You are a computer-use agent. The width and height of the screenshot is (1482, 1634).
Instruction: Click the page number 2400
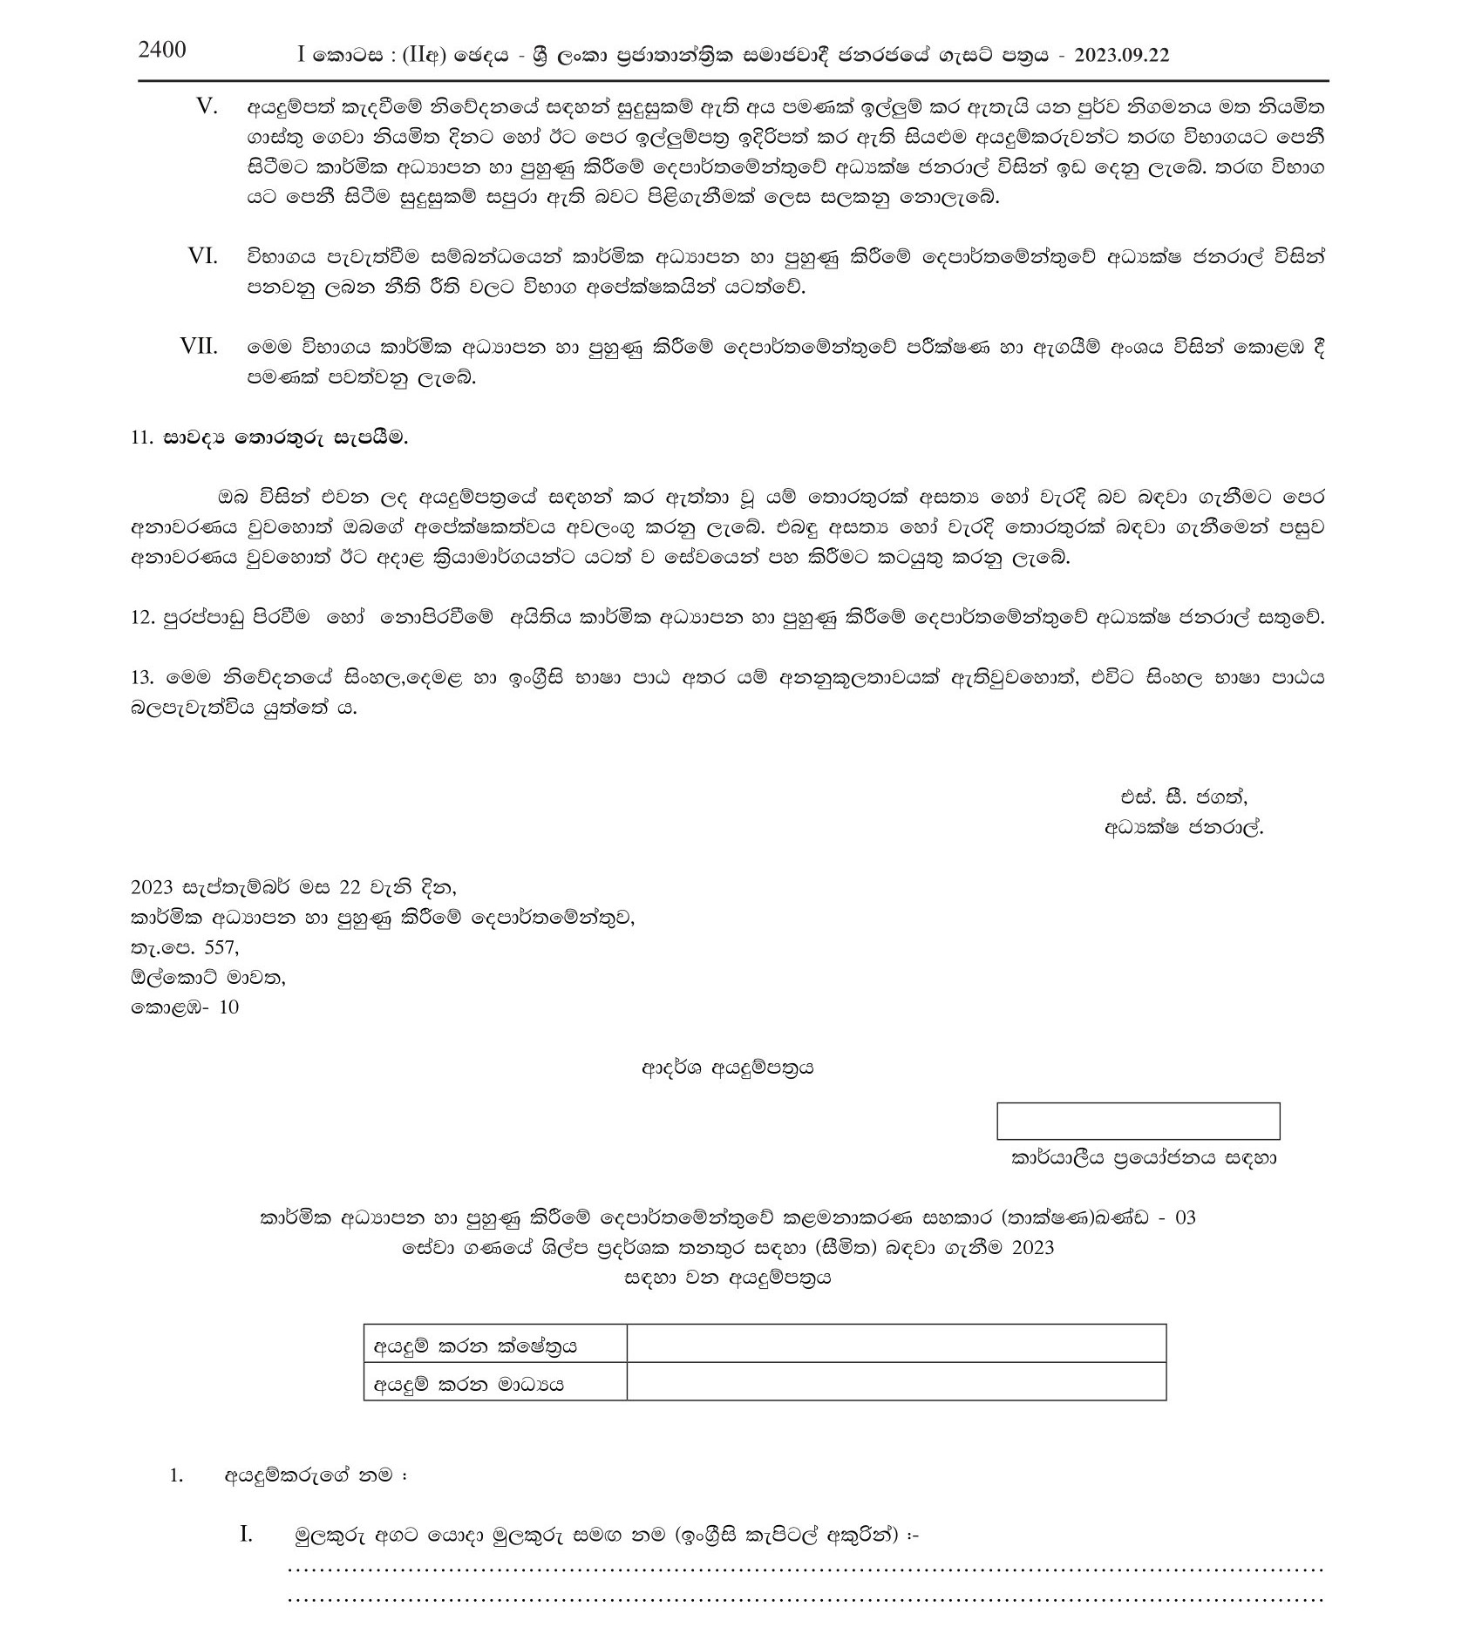pyautogui.click(x=162, y=50)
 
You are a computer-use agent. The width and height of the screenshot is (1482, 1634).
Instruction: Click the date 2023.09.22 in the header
pyautogui.click(x=1122, y=55)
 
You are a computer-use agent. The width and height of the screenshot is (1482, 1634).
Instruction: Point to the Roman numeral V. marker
pyautogui.click(x=207, y=106)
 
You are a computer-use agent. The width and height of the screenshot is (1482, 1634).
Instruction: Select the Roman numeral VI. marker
pyautogui.click(x=202, y=256)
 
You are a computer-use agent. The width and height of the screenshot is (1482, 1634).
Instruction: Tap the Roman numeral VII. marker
pyautogui.click(x=199, y=346)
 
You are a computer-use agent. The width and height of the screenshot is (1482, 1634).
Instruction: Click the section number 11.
pyautogui.click(x=142, y=437)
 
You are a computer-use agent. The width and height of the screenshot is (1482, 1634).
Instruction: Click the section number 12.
pyautogui.click(x=142, y=618)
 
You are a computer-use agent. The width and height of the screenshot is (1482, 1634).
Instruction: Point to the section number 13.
pyautogui.click(x=142, y=677)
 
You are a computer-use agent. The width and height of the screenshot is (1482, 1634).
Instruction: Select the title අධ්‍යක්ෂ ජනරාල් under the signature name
pyautogui.click(x=1183, y=828)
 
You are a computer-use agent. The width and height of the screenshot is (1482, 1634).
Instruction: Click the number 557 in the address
pyautogui.click(x=221, y=947)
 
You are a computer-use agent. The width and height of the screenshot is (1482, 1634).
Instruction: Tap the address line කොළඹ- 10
pyautogui.click(x=184, y=1007)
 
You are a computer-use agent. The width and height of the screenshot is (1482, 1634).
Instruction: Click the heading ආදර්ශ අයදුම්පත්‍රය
pyautogui.click(x=728, y=1067)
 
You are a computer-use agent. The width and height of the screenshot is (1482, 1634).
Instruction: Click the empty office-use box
pyautogui.click(x=1138, y=1121)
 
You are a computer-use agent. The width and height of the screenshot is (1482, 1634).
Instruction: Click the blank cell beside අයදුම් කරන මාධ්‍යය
pyautogui.click(x=895, y=1382)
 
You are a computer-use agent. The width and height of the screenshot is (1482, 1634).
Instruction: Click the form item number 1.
pyautogui.click(x=177, y=1476)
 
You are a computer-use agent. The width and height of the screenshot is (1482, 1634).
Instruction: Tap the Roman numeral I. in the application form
pyautogui.click(x=246, y=1535)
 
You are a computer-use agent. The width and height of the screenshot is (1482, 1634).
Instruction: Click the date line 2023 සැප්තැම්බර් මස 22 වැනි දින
pyautogui.click(x=293, y=888)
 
